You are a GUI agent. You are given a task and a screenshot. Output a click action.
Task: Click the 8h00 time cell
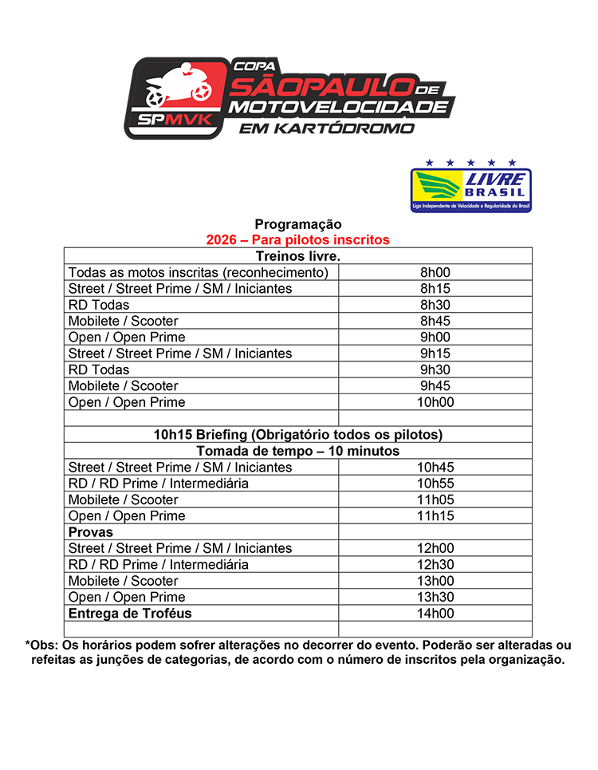[x=435, y=272]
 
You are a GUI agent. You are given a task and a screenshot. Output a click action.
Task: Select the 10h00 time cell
[x=435, y=402]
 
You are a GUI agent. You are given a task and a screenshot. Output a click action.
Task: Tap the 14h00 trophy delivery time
[x=435, y=614]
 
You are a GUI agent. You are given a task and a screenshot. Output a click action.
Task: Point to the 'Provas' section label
[x=91, y=532]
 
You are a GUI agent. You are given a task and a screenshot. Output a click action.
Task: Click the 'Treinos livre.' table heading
[x=298, y=256]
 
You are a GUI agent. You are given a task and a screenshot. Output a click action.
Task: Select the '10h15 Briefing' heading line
[x=298, y=435]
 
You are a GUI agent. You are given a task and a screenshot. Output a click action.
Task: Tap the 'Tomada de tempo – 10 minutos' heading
[x=298, y=451]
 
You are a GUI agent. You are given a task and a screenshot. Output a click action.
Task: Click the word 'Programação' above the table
[x=298, y=224]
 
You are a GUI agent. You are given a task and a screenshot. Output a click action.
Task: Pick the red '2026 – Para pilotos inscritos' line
[x=298, y=239]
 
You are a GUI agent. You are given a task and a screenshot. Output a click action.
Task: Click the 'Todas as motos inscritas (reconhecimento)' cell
[x=199, y=272]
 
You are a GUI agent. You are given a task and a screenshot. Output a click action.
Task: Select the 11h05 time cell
[x=435, y=500]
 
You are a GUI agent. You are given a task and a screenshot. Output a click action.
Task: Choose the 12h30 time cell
[x=435, y=565]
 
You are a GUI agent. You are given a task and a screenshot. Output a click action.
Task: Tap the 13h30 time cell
[x=435, y=597]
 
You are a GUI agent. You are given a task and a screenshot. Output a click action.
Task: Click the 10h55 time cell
[x=435, y=484]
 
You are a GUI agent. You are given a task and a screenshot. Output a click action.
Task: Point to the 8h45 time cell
[x=435, y=321]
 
